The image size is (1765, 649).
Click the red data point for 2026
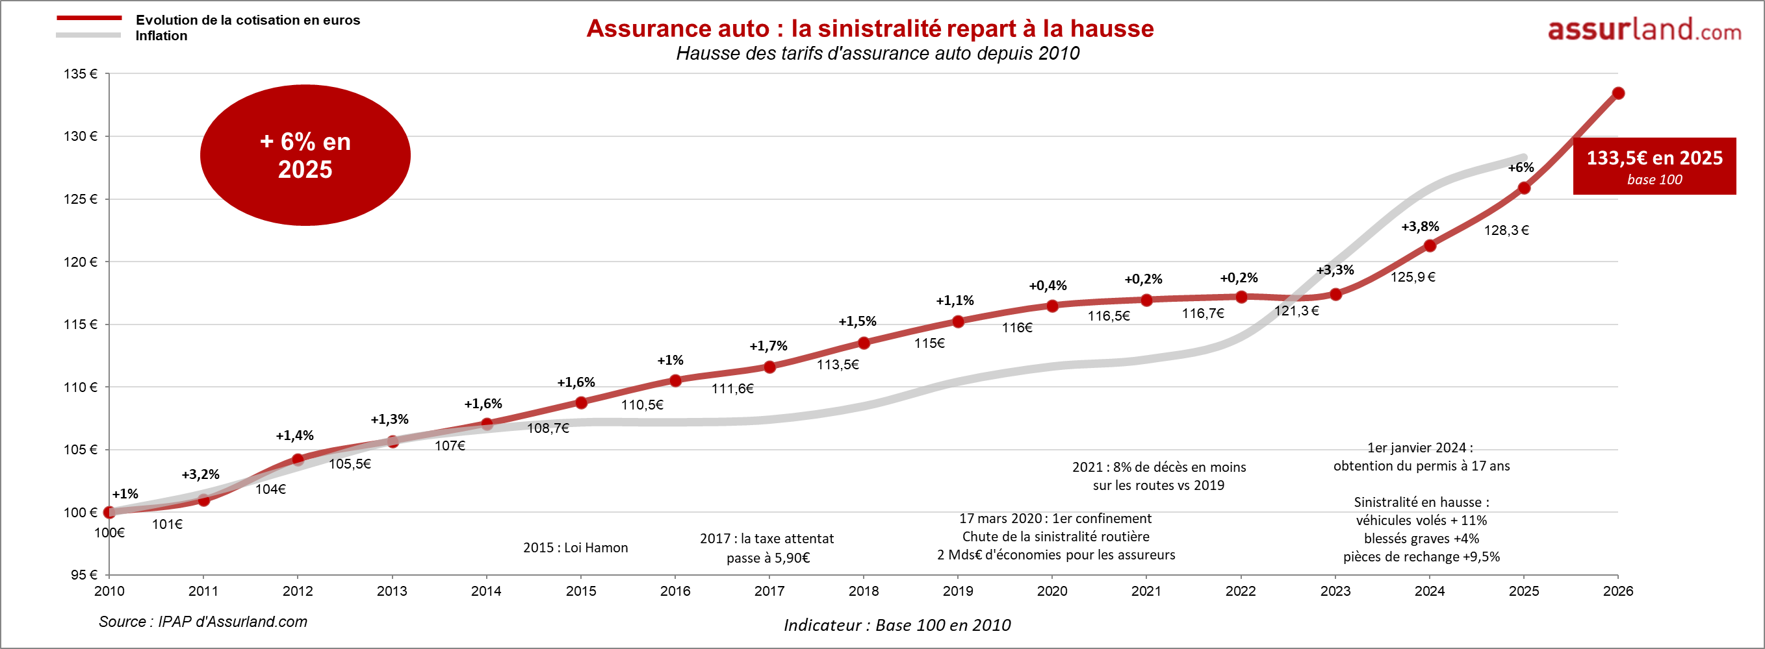pyautogui.click(x=1617, y=93)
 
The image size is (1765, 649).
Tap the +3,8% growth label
pyautogui.click(x=1420, y=227)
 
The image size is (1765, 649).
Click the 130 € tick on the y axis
pyautogui.click(x=81, y=136)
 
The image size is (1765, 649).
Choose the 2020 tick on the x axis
pyautogui.click(x=1051, y=591)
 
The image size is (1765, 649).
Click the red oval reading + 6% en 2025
pyautogui.click(x=305, y=155)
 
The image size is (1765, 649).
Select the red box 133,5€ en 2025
pyautogui.click(x=1654, y=166)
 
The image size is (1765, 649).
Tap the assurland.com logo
pyautogui.click(x=1643, y=29)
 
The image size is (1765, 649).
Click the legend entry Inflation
pyautogui.click(x=161, y=36)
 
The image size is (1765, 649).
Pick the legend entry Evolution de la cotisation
pyautogui.click(x=248, y=20)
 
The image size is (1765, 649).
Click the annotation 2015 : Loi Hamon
pyautogui.click(x=576, y=548)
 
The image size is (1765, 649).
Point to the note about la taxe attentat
pyautogui.click(x=767, y=548)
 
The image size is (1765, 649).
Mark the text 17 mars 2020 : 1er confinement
pyautogui.click(x=1055, y=519)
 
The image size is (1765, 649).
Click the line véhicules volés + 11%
pyautogui.click(x=1421, y=520)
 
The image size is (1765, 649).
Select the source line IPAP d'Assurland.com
pyautogui.click(x=203, y=622)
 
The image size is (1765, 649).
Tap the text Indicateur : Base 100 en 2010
pyautogui.click(x=897, y=625)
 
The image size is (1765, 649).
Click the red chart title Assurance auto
pyautogui.click(x=870, y=29)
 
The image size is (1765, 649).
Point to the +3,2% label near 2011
pyautogui.click(x=200, y=474)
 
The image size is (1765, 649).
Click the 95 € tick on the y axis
pyautogui.click(x=84, y=574)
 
